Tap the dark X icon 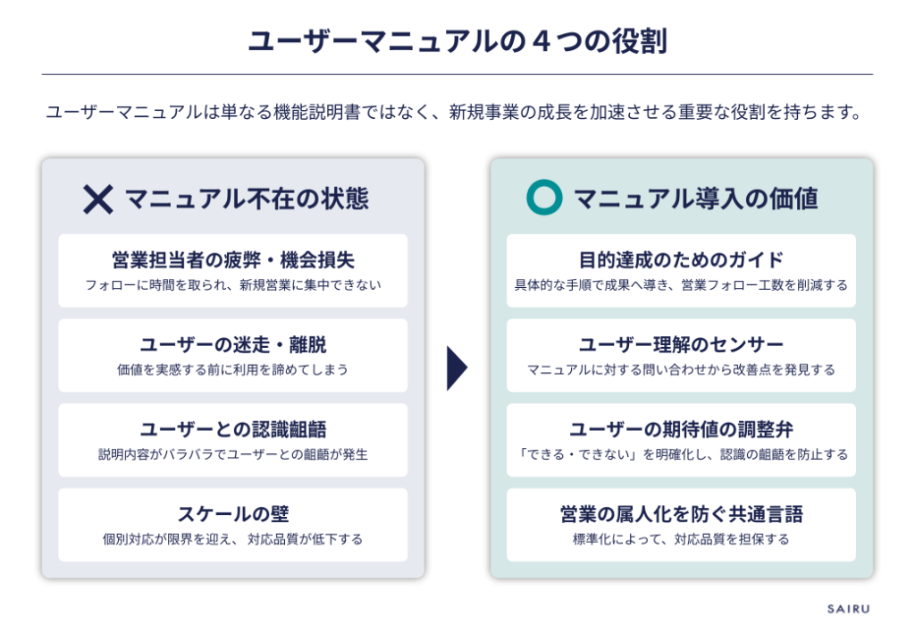pos(97,199)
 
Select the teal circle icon pos(543,198)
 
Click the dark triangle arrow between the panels pos(457,368)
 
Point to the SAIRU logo pos(847,609)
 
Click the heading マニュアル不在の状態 pos(246,199)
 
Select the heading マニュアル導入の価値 pos(695,199)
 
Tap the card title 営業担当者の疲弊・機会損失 pos(232,260)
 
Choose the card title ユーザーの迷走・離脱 pos(232,345)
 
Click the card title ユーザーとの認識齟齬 pos(232,429)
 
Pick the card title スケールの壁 pos(232,514)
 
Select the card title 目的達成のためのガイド pos(681,260)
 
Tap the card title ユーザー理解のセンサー pos(681,345)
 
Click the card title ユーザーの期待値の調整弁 pos(681,429)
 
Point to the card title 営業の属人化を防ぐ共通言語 pos(681,514)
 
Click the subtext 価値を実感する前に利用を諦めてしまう pos(232,369)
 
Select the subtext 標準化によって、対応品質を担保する pos(681,539)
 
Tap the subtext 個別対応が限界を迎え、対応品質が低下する pos(232,539)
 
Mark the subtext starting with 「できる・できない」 pos(681,454)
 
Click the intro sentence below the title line pos(457,113)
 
